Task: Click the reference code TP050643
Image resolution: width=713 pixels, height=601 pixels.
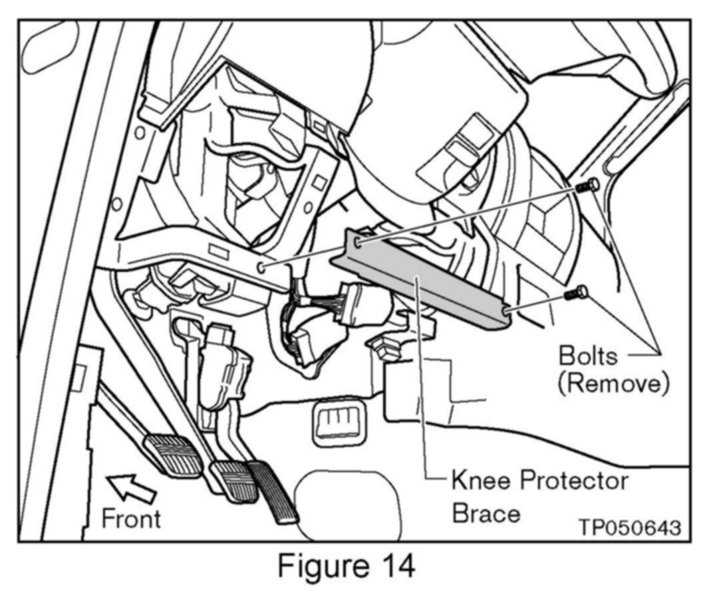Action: pyautogui.click(x=629, y=528)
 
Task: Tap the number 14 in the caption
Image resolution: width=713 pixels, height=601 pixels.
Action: pyautogui.click(x=392, y=566)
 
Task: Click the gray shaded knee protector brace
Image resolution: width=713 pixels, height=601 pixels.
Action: pyautogui.click(x=426, y=279)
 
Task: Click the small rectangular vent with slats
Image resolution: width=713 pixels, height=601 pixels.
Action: pyautogui.click(x=337, y=421)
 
